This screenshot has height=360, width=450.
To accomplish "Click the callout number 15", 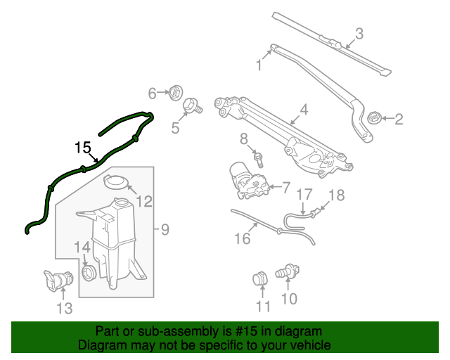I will click(x=83, y=148).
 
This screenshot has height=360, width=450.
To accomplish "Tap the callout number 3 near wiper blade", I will click(x=359, y=33).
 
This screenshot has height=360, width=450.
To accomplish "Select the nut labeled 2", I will click(x=374, y=117).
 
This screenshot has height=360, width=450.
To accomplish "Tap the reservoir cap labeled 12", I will click(x=116, y=183).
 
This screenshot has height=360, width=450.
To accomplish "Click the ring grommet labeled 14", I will click(x=89, y=271).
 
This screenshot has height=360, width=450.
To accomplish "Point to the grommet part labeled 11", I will click(x=259, y=279).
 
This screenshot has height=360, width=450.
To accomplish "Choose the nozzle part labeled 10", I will click(x=290, y=271).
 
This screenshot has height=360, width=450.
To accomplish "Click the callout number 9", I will click(x=165, y=229).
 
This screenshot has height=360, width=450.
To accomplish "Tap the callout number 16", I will click(x=242, y=239).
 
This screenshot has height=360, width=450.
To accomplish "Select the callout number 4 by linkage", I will click(x=304, y=110).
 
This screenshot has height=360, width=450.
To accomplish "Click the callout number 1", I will click(x=259, y=66).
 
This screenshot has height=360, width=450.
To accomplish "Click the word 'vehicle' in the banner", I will click(x=312, y=345).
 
